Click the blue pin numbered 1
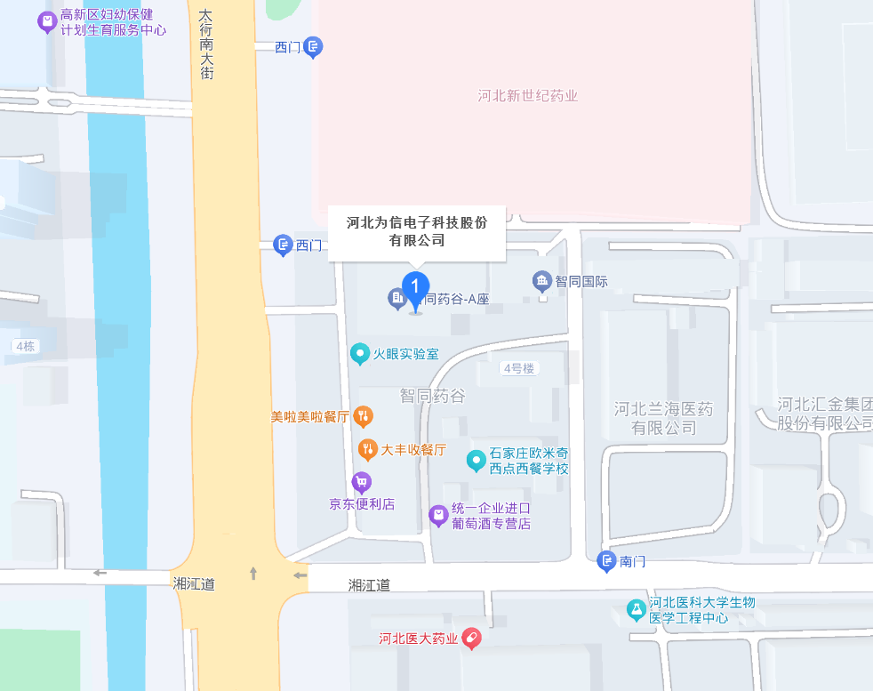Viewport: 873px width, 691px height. click(x=414, y=287)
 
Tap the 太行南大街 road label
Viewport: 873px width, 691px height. click(x=205, y=44)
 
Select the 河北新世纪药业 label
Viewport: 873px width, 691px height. click(x=528, y=96)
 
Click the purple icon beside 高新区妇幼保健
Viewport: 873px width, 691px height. click(x=47, y=21)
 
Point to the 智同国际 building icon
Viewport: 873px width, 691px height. click(x=542, y=282)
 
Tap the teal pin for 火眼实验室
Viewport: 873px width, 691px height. click(x=360, y=354)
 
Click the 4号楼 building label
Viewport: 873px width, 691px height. click(x=518, y=368)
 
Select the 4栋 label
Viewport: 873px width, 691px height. click(x=25, y=346)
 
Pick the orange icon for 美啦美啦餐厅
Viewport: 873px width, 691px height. click(x=363, y=415)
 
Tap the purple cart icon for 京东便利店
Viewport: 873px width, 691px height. click(x=361, y=483)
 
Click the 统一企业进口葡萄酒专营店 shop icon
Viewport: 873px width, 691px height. click(x=438, y=515)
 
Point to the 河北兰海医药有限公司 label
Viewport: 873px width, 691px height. click(x=663, y=418)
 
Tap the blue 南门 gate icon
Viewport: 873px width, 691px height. click(x=606, y=561)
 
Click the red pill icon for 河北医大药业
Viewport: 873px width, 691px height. click(x=472, y=639)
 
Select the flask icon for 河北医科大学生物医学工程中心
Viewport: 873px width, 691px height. click(x=635, y=610)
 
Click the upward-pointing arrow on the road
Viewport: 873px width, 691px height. click(x=253, y=573)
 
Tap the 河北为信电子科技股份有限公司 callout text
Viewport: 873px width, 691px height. click(x=417, y=231)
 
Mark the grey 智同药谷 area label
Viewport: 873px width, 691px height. click(x=432, y=396)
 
